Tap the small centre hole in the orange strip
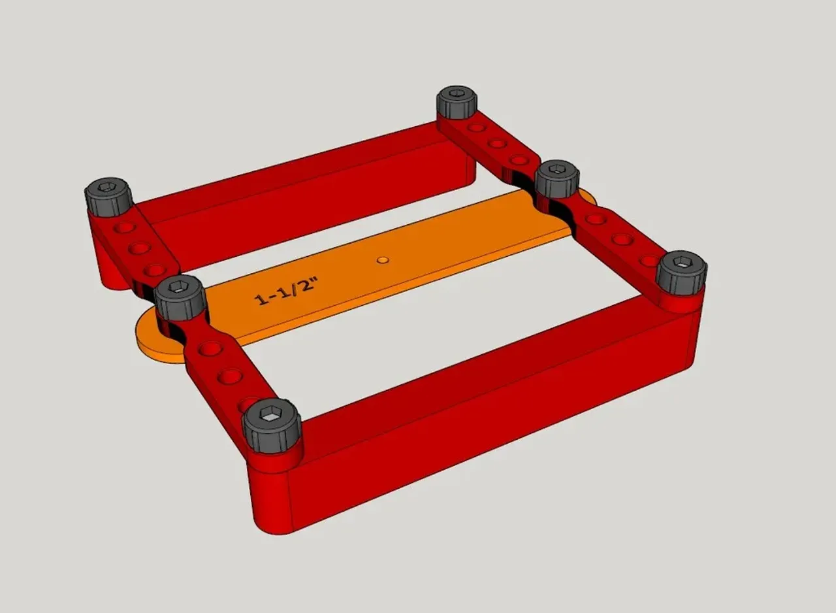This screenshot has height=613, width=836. pos(383,260)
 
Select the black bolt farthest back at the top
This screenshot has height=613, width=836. pos(456,102)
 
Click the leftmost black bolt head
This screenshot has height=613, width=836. pos(108,196)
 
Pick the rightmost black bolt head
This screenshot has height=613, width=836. pos(682,270)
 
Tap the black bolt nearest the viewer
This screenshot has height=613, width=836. pos(272,423)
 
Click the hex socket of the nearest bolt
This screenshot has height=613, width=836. pos(271,413)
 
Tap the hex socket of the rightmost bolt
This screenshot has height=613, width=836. pos(683,262)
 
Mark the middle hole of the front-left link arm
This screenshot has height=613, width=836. pos(230,376)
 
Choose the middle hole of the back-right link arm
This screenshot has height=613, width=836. pos(497,143)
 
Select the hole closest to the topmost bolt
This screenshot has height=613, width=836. pos(476,128)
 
